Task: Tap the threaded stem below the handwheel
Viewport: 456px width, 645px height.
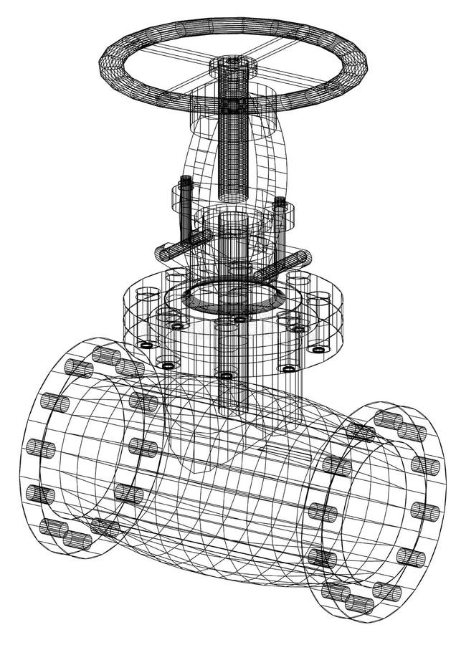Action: (x=232, y=154)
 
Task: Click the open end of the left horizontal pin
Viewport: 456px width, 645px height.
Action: (x=164, y=254)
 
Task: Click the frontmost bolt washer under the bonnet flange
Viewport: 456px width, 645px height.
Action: (x=226, y=375)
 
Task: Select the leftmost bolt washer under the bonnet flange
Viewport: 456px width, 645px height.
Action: (x=147, y=345)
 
